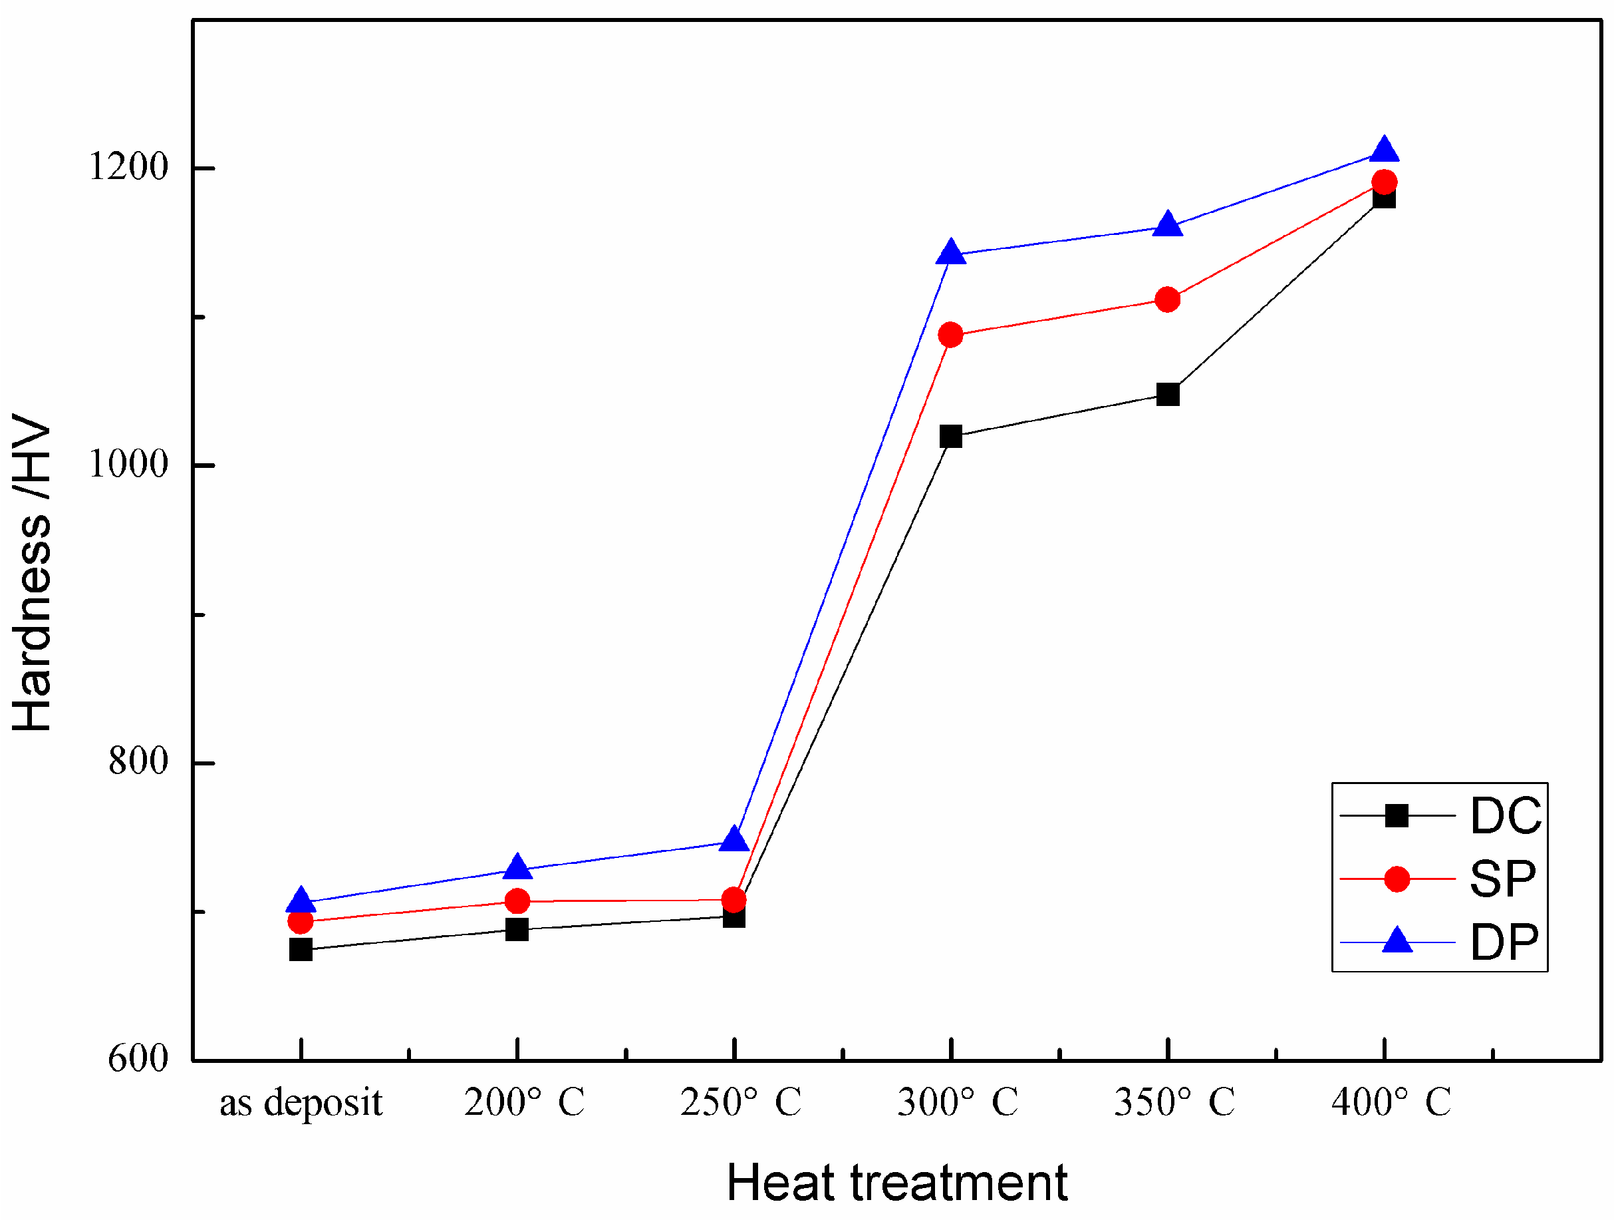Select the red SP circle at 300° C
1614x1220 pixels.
tap(951, 335)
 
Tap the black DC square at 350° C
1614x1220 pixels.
tap(1168, 394)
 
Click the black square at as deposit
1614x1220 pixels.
tap(301, 949)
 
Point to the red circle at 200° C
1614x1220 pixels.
tap(517, 901)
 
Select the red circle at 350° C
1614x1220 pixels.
tap(1168, 300)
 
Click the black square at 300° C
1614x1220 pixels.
tap(951, 437)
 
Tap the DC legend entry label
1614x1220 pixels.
tap(1506, 815)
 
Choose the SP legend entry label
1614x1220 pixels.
tap(1502, 879)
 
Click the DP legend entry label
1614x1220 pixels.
tap(1504, 942)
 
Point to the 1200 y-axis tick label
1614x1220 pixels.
tap(128, 166)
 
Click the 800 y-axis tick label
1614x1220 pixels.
tap(138, 761)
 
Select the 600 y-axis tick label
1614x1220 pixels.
tap(138, 1058)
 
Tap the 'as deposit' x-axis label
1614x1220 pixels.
tap(301, 1102)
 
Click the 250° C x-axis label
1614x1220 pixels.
tap(741, 1102)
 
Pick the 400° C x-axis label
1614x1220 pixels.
tap(1391, 1102)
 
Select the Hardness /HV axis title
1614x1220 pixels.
tap(33, 572)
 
